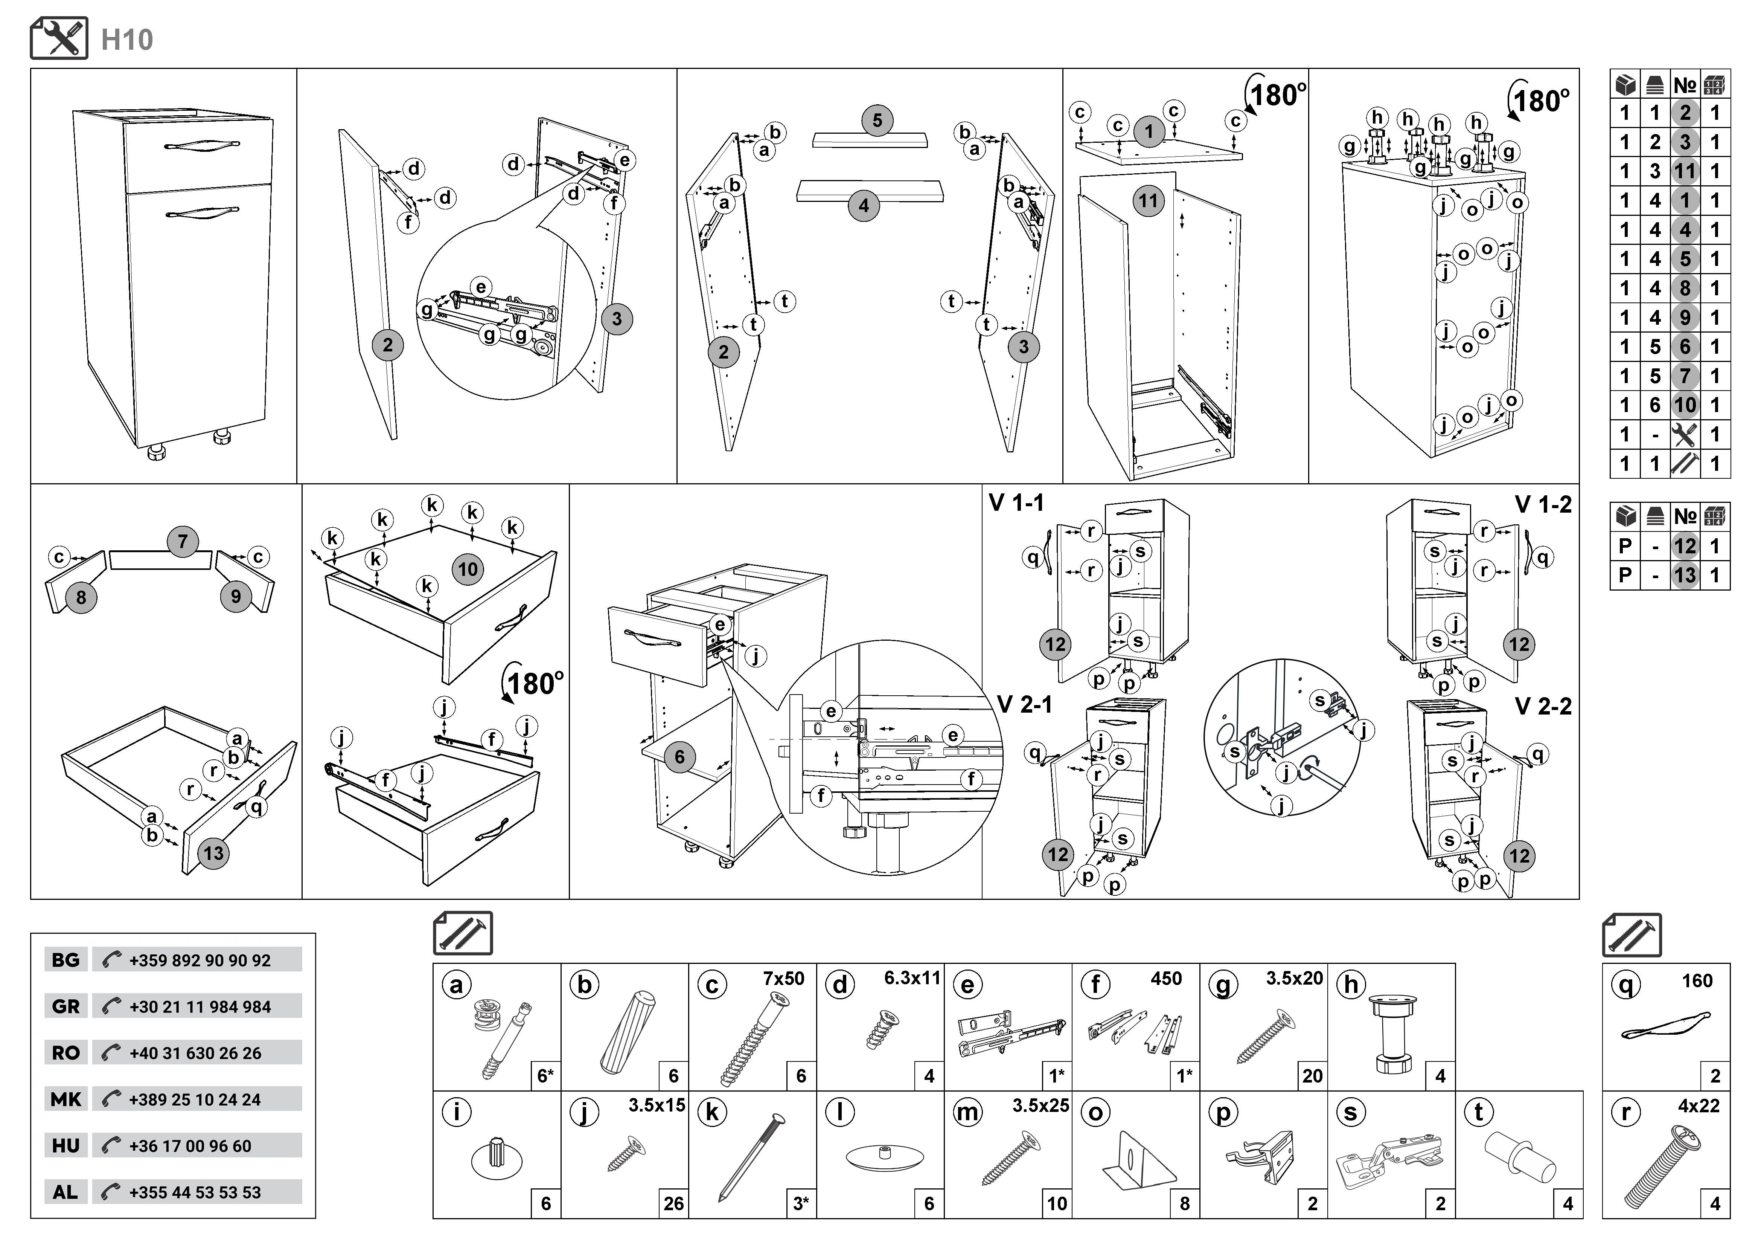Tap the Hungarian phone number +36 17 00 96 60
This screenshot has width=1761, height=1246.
[190, 1145]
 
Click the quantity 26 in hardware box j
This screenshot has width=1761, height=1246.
[673, 1203]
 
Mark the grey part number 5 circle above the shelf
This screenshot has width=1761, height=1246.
[877, 121]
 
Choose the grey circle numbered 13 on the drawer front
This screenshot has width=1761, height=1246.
[213, 853]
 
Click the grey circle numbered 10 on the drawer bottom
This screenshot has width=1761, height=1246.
[468, 569]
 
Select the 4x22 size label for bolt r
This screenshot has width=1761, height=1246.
[1698, 1106]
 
